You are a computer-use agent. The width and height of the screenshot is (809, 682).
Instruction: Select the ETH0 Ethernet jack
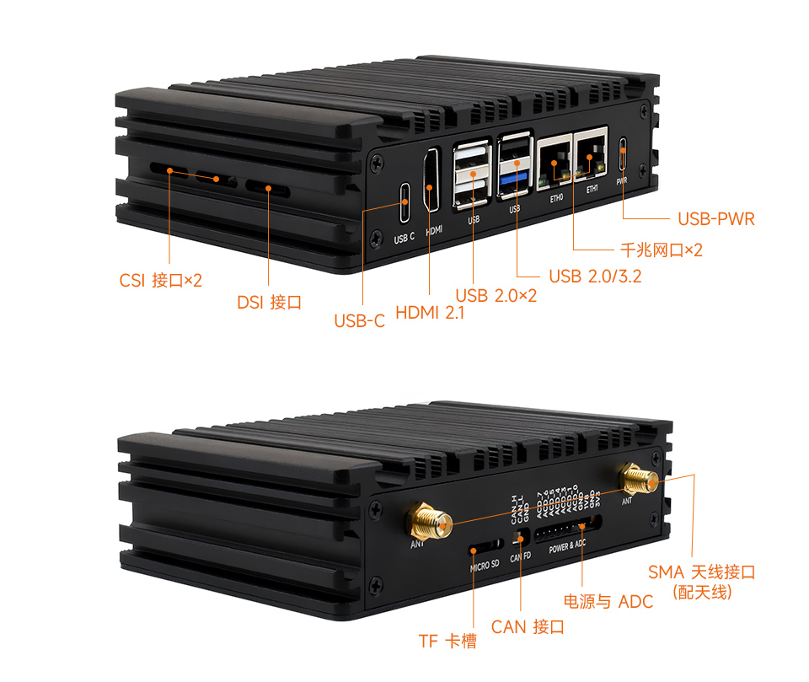(555, 159)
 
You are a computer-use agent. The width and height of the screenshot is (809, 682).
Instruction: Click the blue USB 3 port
(514, 180)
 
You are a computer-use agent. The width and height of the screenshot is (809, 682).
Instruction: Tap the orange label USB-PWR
(715, 219)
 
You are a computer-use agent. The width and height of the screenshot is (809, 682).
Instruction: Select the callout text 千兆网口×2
(661, 250)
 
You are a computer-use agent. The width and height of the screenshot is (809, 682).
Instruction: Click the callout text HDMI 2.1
(430, 313)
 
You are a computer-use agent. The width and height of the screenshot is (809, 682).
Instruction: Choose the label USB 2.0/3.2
(594, 276)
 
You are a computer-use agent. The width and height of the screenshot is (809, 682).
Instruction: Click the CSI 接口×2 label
(160, 280)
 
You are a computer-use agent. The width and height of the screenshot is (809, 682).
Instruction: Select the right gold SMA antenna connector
(640, 481)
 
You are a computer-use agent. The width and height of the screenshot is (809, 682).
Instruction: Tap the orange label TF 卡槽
(447, 641)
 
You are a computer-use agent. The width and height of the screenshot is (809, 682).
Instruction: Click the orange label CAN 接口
(528, 626)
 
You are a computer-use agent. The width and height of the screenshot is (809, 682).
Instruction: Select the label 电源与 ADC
(608, 601)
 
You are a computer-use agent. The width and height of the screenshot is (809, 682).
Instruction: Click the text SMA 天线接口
(701, 572)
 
